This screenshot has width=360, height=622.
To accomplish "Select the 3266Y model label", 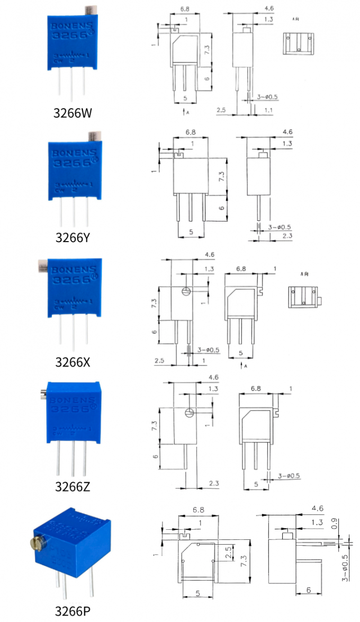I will click(73, 238).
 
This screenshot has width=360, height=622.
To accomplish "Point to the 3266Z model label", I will click(73, 486).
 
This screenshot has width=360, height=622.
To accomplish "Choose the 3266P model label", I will click(73, 610).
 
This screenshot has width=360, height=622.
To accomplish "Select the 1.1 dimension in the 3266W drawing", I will click(268, 110).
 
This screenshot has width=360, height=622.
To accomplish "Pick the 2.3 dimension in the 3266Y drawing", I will click(287, 236).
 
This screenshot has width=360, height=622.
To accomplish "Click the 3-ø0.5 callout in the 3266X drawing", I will click(209, 350).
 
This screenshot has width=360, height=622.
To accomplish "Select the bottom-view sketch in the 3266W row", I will click(299, 43).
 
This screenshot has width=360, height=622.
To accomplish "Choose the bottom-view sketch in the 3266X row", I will click(304, 298).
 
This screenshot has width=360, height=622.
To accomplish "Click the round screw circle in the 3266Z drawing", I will click(189, 414).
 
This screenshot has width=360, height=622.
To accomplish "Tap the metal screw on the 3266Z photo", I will click(42, 393).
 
